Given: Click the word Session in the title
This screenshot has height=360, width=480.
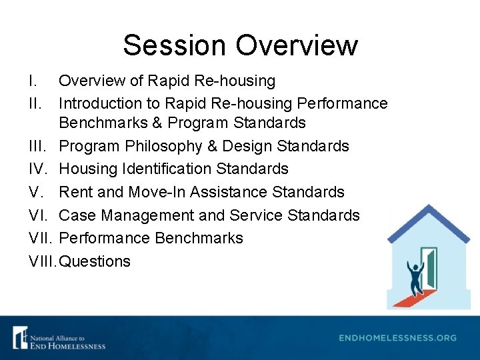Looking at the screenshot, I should click(175, 45).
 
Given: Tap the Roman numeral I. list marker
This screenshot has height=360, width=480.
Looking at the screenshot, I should click(33, 81).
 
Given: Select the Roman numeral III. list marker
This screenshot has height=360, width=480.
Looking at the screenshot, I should click(39, 146).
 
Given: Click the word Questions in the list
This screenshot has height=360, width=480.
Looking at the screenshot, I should click(95, 261).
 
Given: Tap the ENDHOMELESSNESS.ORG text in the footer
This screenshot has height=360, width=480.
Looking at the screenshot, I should click(398, 338).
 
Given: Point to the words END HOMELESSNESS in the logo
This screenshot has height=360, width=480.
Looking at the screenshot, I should click(67, 345).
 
